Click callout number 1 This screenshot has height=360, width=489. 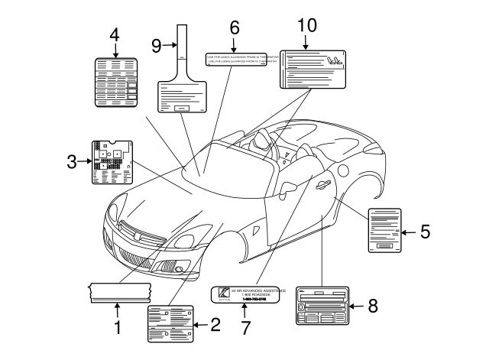coord(118,329)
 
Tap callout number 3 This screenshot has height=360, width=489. coord(71,161)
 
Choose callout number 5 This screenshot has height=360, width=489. coord(426,231)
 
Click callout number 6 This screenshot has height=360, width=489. coord(235,28)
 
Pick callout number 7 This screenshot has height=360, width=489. coord(245,328)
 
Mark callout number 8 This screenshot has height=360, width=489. coord(372,306)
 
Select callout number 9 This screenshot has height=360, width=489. coord(156,46)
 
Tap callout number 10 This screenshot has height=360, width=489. coord(306,24)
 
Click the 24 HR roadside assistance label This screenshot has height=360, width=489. coord(248,295)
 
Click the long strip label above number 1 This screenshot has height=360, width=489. coord(120,290)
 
